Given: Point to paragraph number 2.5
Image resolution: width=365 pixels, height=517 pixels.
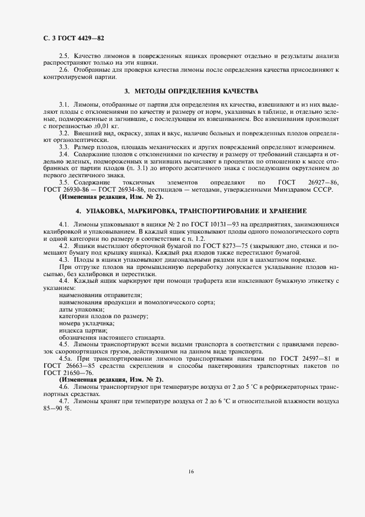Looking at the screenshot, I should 64,57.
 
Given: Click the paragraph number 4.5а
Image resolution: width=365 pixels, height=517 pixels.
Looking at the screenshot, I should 66,358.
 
